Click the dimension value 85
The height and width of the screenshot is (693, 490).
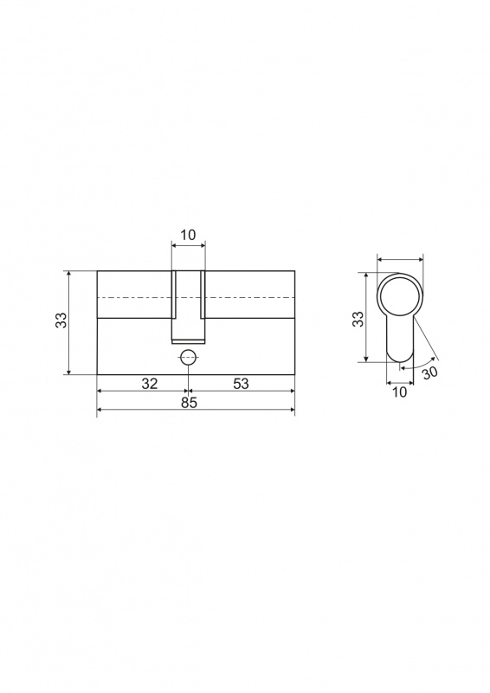pyautogui.click(x=189, y=403)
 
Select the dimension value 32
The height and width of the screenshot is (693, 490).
pyautogui.click(x=150, y=383)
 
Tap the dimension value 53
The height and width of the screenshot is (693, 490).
pyautogui.click(x=241, y=383)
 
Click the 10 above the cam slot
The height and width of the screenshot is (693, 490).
pyautogui.click(x=188, y=235)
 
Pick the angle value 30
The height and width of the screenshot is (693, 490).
pyautogui.click(x=429, y=372)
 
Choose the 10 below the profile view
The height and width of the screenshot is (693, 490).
pyautogui.click(x=399, y=392)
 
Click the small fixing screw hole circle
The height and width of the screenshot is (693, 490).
pyautogui.click(x=189, y=357)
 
